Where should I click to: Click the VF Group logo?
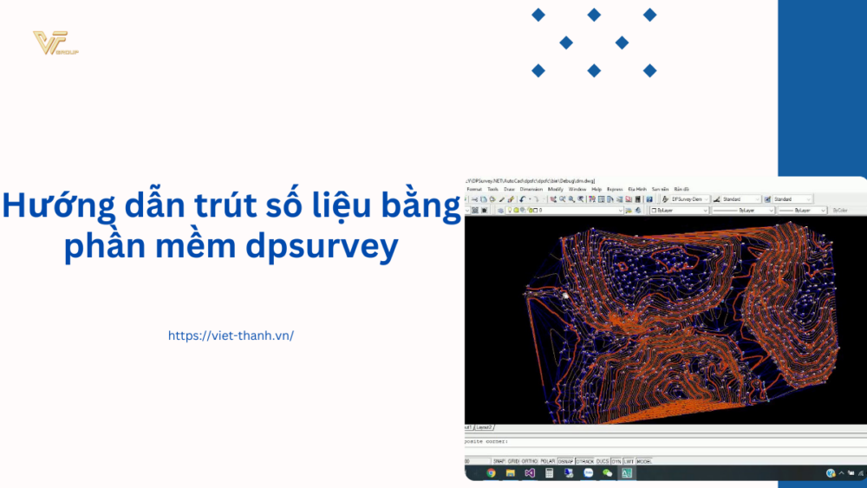point(55,42)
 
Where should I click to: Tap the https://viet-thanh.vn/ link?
point(231,335)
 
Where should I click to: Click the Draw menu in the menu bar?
point(509,189)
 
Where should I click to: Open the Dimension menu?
point(531,189)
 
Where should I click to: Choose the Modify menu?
point(555,189)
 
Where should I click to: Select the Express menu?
point(615,189)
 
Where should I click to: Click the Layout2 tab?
point(485,427)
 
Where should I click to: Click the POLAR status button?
point(547,461)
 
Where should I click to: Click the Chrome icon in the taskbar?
point(491,473)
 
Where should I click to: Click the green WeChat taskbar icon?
point(608,473)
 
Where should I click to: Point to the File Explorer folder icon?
point(510,473)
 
